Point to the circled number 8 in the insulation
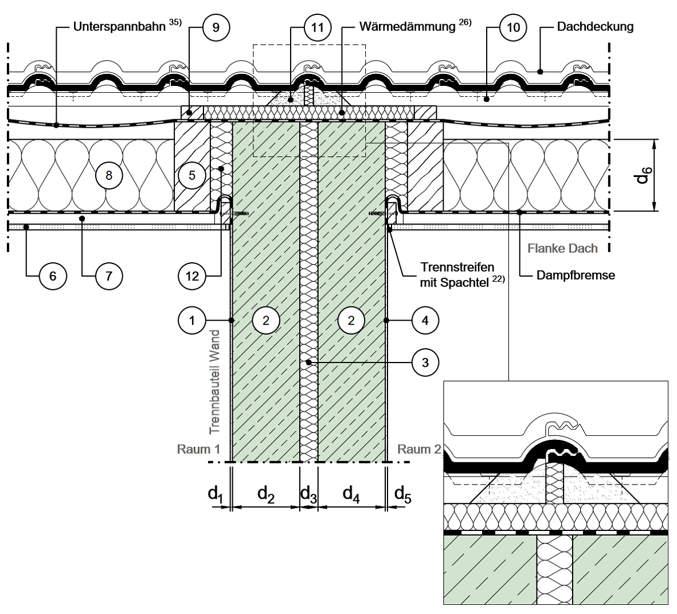tap(109, 175)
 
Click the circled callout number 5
tap(191, 175)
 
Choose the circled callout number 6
tap(53, 276)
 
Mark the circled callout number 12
tap(192, 276)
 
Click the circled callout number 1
tap(192, 321)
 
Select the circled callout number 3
tap(425, 362)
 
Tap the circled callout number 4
tap(425, 321)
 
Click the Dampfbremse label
tap(576, 275)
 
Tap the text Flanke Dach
tap(563, 249)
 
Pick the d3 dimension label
tap(309, 494)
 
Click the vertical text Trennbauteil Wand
tap(215, 381)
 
